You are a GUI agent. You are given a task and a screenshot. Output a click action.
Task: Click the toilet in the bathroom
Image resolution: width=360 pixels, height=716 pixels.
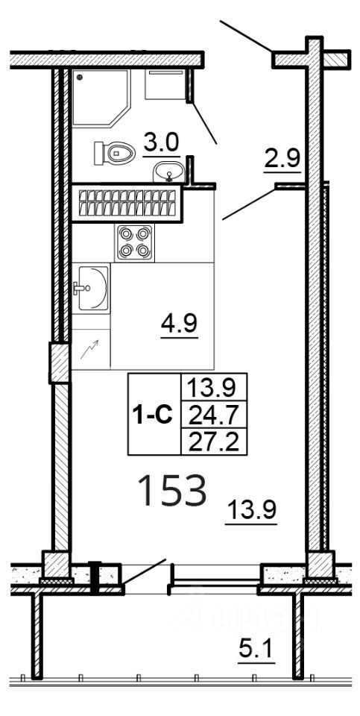(x=114, y=153)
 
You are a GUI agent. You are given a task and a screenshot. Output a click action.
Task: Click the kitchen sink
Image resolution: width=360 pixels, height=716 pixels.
(x=90, y=287)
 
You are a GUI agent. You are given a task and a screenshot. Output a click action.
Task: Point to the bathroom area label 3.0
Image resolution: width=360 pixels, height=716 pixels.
(x=162, y=142)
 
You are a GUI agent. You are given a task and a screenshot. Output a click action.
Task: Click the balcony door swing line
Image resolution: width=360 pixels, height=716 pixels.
(x=145, y=571)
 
